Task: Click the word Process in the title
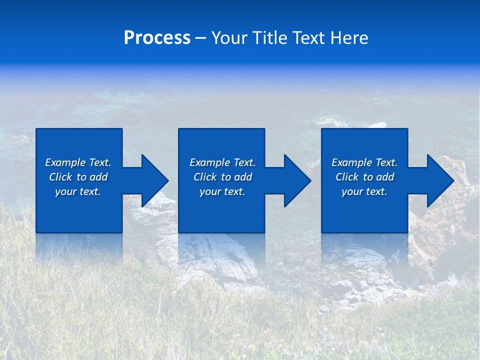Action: [157, 38]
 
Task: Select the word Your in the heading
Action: [229, 38]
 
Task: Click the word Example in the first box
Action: [65, 162]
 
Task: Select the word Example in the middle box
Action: [209, 162]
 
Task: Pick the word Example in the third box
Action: [351, 162]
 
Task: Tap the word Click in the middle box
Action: [205, 177]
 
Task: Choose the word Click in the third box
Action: [347, 177]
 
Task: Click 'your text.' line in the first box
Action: [78, 191]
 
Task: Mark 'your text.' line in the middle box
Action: [222, 191]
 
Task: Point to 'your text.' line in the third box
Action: [364, 191]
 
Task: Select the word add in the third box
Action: [386, 177]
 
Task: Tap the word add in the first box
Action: [99, 177]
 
